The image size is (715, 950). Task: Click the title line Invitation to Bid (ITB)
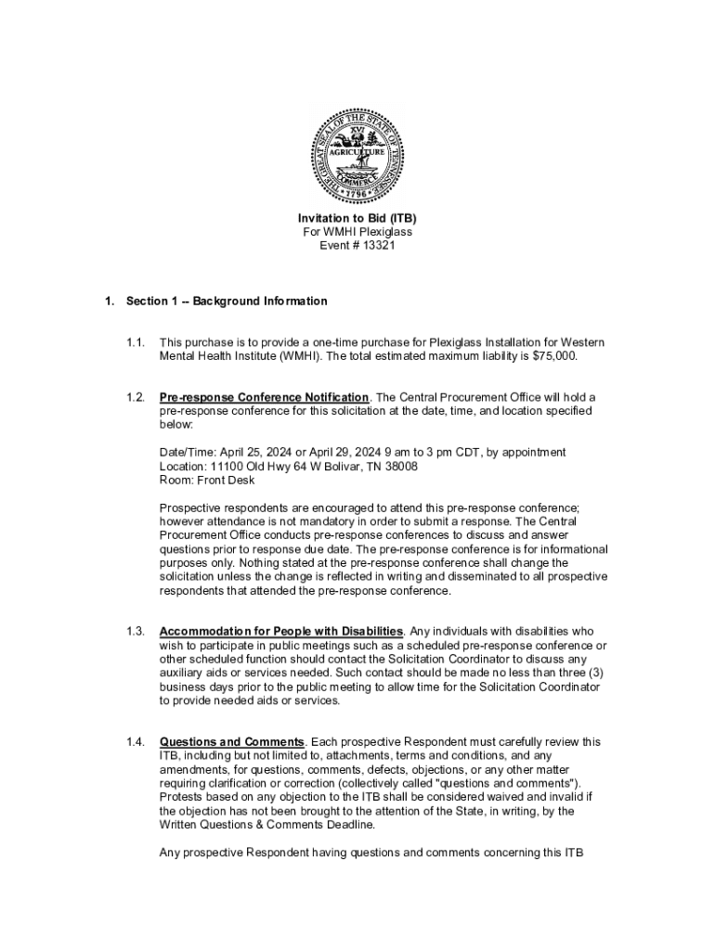(357, 218)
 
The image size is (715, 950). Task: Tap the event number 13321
(375, 246)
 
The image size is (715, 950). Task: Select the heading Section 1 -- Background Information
(227, 302)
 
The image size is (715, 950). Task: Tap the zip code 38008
(398, 467)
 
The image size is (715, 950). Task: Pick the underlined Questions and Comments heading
(232, 742)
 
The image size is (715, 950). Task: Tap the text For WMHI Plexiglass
(357, 232)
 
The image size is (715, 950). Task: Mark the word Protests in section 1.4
(182, 797)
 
